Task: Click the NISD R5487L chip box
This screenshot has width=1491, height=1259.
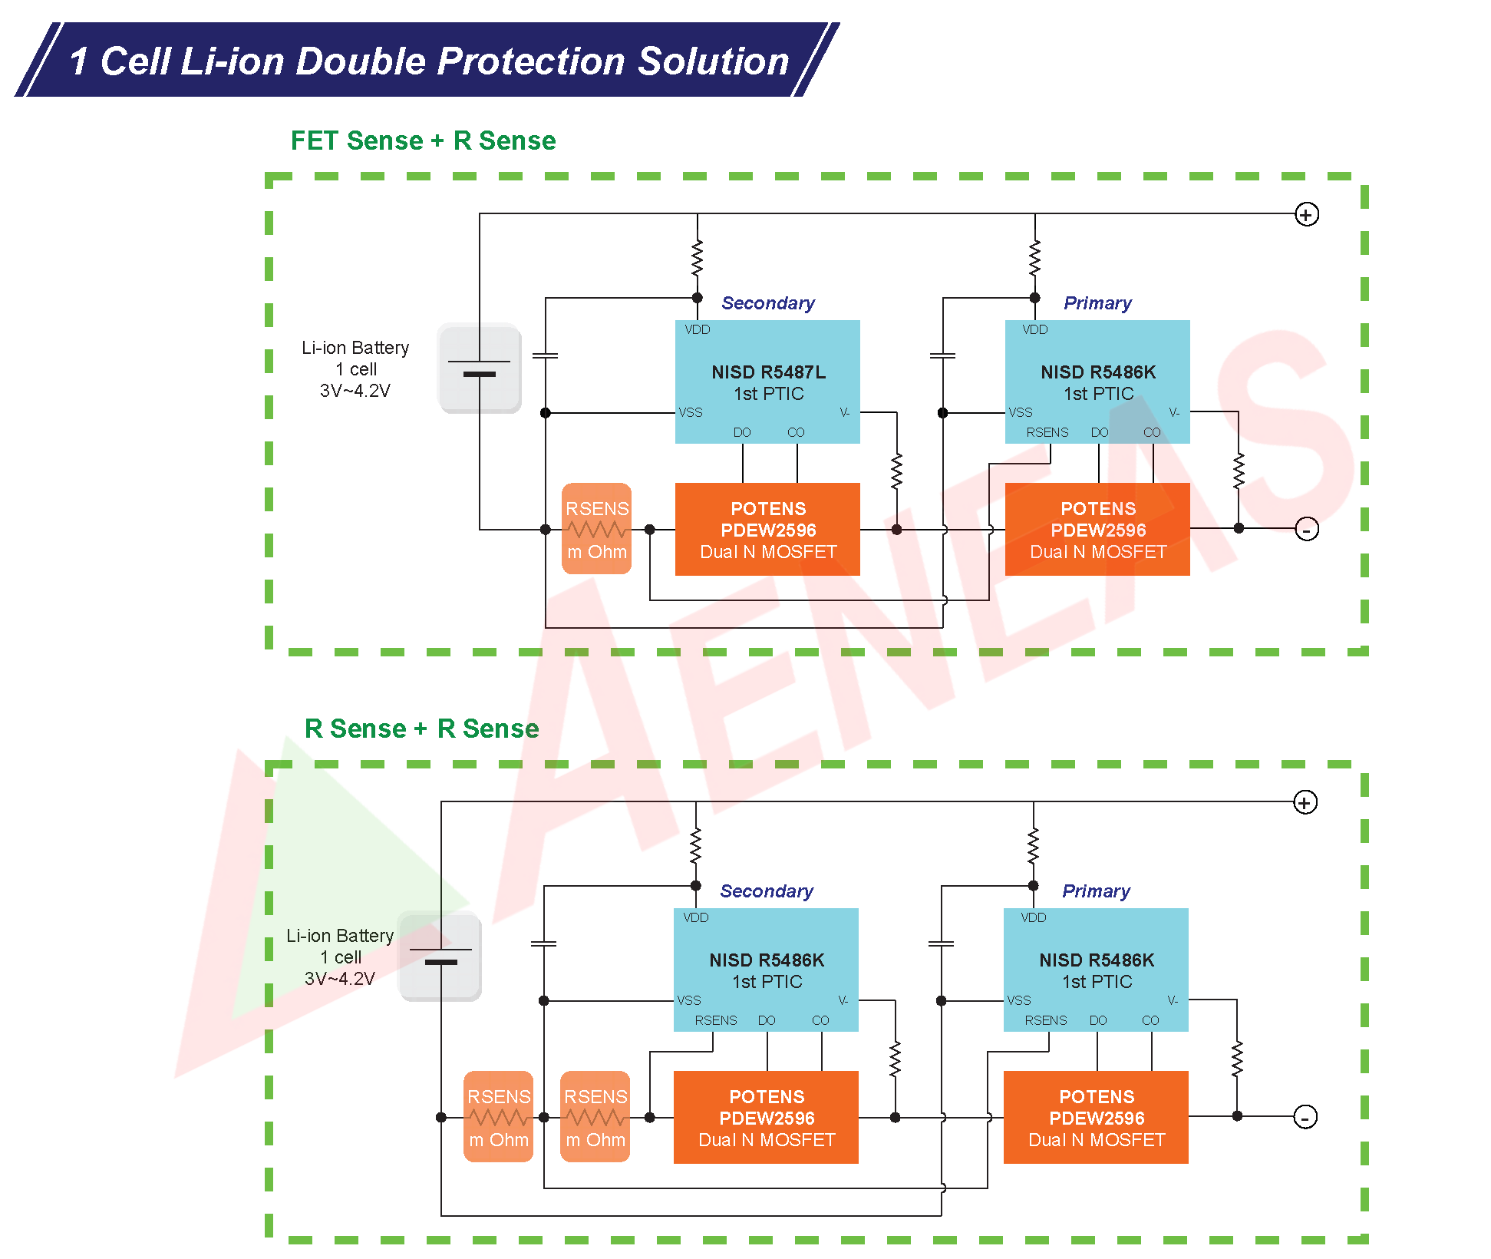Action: point(767,382)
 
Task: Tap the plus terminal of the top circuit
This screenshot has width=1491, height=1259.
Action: point(1306,214)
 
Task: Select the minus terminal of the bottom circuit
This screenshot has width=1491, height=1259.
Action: point(1305,1117)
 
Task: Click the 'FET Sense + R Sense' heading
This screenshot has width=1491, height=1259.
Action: point(423,140)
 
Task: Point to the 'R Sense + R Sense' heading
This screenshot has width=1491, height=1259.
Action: point(421,729)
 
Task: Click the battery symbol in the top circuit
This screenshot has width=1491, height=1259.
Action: point(480,368)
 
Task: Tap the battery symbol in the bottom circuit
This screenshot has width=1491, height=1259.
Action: point(440,957)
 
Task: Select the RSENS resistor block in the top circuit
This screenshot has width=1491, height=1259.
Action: point(596,529)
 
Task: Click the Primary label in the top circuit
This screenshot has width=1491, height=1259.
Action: point(1097,303)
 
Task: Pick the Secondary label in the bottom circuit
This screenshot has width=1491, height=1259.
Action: point(767,891)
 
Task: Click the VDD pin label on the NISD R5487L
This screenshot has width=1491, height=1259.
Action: point(698,329)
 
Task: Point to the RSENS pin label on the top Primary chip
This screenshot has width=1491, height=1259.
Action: point(1047,432)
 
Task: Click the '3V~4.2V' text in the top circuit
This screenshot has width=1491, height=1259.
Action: point(355,391)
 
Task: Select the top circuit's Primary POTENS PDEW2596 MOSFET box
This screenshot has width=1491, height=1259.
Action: point(1097,529)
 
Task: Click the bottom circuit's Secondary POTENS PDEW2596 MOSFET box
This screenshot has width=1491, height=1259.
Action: point(766,1117)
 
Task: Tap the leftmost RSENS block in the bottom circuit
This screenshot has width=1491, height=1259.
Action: point(499,1117)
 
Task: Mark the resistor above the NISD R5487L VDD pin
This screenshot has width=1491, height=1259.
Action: point(697,258)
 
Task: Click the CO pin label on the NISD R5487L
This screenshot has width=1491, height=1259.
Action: point(796,432)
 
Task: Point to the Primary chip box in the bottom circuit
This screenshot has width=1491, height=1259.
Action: point(1096,970)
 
